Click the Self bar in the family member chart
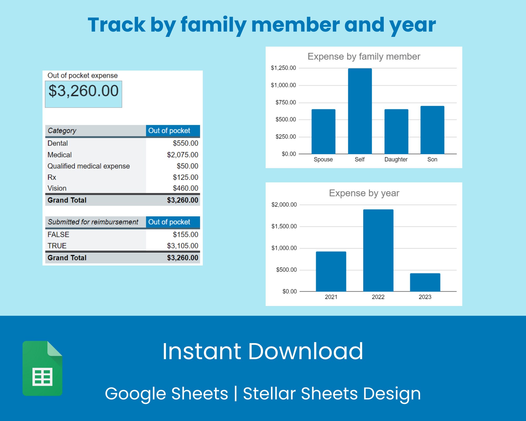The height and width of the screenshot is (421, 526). (360, 111)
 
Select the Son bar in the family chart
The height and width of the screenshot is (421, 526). (432, 130)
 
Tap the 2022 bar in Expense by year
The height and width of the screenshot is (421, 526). (378, 250)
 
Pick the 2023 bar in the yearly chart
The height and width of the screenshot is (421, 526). (425, 282)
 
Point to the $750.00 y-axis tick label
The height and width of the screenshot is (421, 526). (286, 102)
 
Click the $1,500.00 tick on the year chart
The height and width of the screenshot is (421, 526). (284, 226)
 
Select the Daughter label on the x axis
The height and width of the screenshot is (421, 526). (396, 159)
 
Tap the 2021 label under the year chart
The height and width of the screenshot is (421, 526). (331, 297)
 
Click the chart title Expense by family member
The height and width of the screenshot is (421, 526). (364, 57)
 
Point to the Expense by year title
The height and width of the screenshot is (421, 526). (364, 193)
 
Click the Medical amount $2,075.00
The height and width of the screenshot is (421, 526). (183, 155)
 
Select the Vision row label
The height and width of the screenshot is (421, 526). (57, 188)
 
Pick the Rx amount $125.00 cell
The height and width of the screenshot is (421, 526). (185, 177)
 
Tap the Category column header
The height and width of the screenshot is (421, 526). (62, 131)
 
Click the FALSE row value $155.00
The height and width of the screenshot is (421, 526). (185, 234)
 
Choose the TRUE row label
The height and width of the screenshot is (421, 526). (57, 246)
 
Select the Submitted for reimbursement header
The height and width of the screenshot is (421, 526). (93, 222)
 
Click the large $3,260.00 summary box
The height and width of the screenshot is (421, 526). (83, 94)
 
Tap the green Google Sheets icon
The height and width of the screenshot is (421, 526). (42, 368)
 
